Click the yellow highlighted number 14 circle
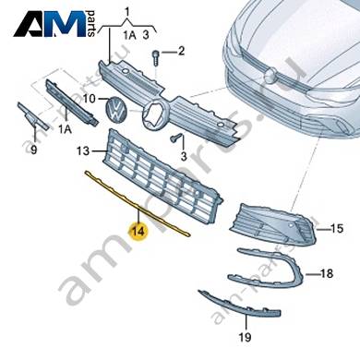pos(138,231)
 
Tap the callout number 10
pos(90,99)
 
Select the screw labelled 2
pos(156,58)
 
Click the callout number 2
pos(181,51)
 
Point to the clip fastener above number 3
pos(175,138)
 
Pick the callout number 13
pos(83,150)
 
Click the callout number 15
pos(337,229)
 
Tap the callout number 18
pos(326,273)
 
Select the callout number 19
pos(246,338)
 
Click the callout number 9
pos(34,150)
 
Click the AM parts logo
pos(54,24)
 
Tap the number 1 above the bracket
pos(126,13)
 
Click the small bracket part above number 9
pos(31,117)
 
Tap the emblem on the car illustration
pos(270,75)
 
